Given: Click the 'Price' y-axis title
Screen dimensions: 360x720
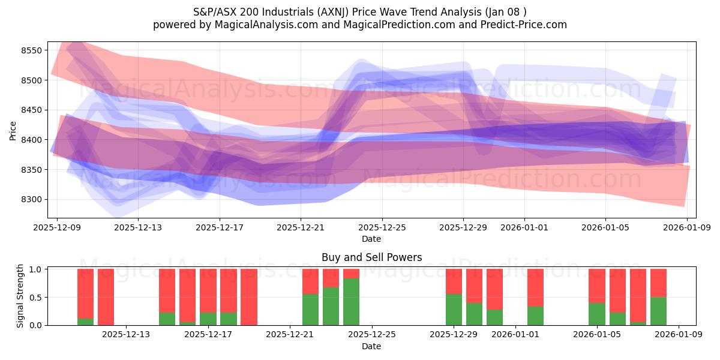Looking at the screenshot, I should (x=13, y=130).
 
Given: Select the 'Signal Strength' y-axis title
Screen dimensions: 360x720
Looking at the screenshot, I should (x=20, y=296).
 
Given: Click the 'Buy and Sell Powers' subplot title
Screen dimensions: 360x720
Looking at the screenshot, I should (x=371, y=257).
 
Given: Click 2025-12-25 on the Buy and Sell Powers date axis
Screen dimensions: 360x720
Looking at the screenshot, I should (x=371, y=334).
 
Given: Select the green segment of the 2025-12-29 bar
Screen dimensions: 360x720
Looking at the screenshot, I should (x=454, y=310).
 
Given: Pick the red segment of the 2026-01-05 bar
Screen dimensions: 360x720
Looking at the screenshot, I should (x=597, y=286).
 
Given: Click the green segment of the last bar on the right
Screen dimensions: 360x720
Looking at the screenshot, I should (x=658, y=311).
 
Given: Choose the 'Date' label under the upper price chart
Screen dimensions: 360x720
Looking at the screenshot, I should (x=371, y=239).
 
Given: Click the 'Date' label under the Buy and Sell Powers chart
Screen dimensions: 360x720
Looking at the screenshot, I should (x=371, y=346).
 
